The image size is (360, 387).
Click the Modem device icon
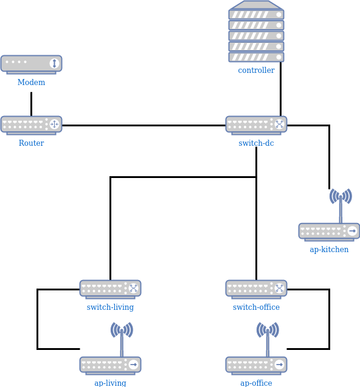tap(31, 64)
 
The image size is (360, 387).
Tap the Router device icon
tap(31, 125)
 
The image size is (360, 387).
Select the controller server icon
tap(256, 32)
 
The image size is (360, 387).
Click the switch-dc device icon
tap(256, 125)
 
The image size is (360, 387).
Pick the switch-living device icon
tap(110, 289)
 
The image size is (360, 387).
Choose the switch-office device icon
tap(256, 289)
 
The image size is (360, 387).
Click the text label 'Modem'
tap(31, 83)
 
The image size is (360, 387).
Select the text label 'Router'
tap(31, 143)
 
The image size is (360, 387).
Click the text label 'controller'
tap(256, 70)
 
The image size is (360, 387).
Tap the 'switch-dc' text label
tap(256, 143)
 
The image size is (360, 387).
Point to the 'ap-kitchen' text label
tap(329, 250)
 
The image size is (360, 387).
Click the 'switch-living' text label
tap(110, 307)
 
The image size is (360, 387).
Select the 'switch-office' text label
tap(256, 307)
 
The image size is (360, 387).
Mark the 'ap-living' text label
tap(110, 383)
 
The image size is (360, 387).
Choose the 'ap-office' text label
tap(256, 383)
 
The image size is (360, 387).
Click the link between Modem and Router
tap(31, 103)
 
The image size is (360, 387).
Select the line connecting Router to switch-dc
tap(144, 126)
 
